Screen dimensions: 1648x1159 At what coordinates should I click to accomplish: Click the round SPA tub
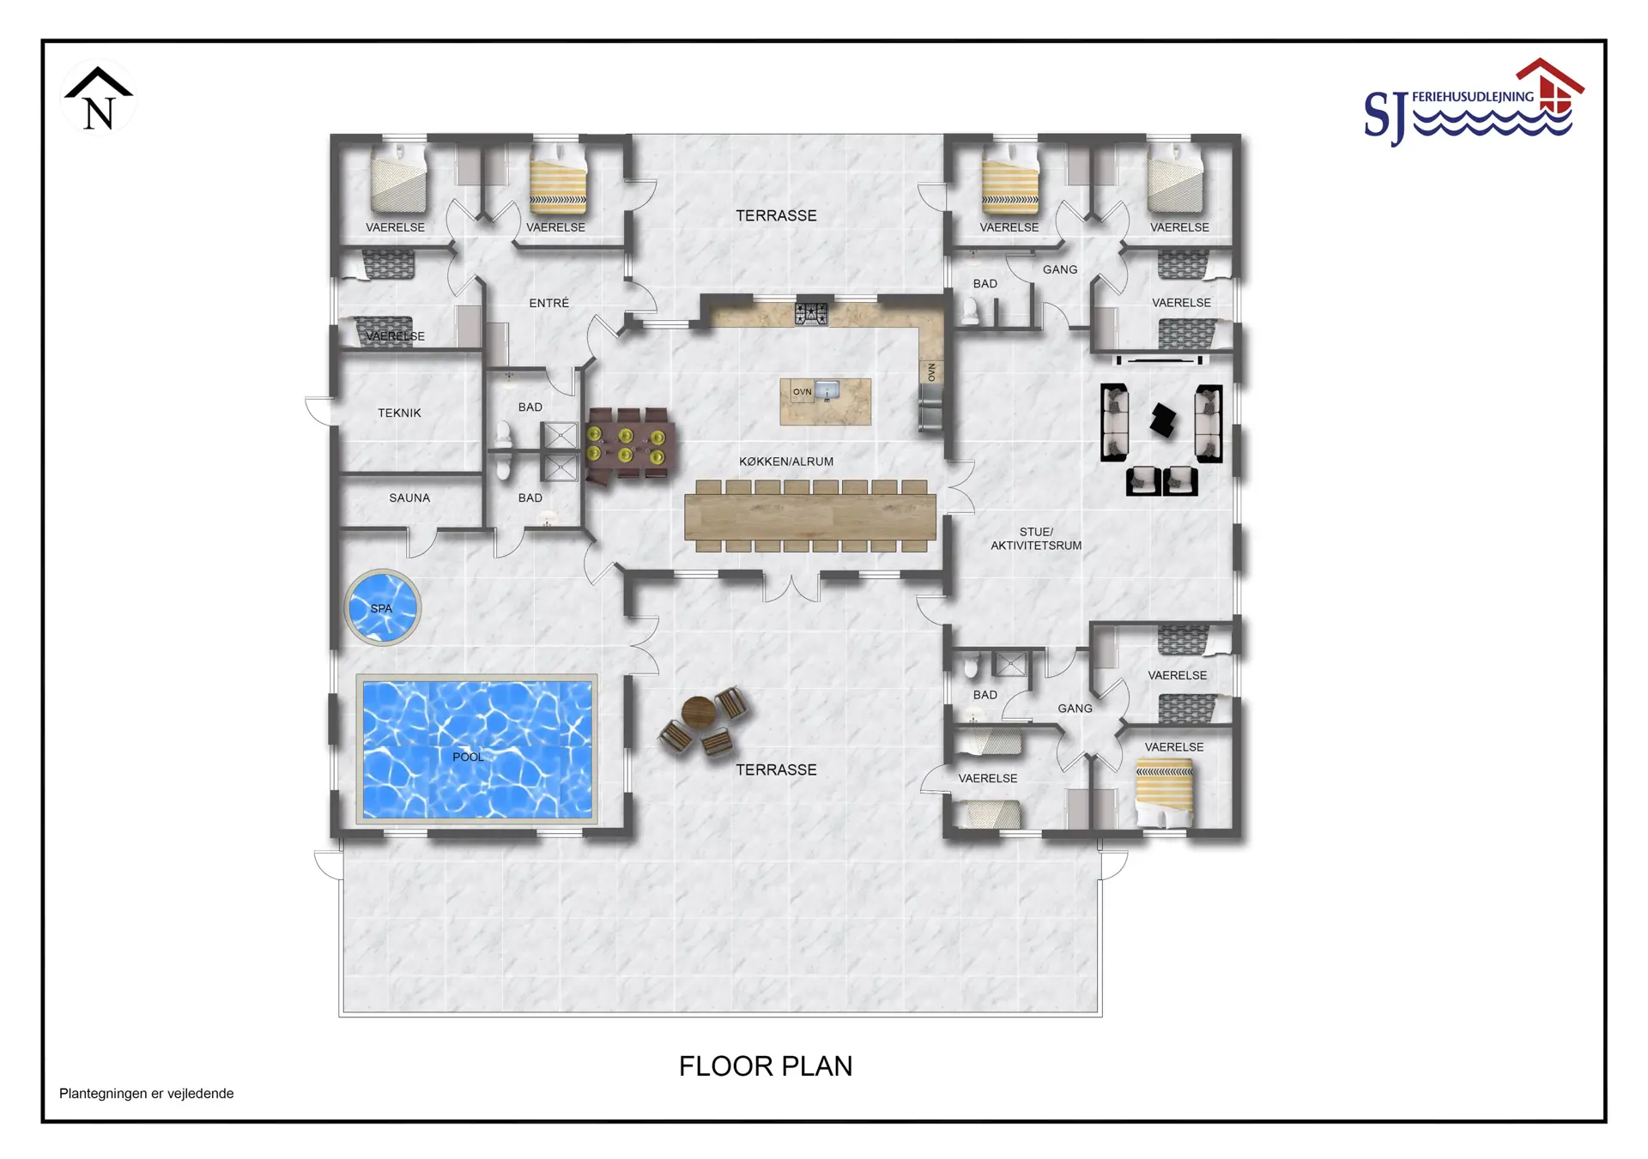click(382, 607)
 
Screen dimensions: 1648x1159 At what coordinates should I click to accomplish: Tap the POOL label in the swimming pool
click(468, 757)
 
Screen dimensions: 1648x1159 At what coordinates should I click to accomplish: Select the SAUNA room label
click(409, 498)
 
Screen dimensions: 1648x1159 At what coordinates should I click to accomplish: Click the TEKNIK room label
click(399, 413)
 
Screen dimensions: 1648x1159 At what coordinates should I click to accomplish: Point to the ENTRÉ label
click(548, 303)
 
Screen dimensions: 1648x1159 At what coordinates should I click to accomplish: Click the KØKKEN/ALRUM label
click(786, 462)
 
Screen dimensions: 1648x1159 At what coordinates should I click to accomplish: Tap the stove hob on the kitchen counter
click(811, 314)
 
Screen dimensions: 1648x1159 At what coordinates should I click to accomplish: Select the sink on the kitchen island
click(827, 391)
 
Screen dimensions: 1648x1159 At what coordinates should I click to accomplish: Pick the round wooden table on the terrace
click(698, 712)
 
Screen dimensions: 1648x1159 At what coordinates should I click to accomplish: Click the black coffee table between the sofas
click(1163, 420)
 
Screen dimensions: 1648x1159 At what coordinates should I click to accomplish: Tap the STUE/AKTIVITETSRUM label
click(1036, 539)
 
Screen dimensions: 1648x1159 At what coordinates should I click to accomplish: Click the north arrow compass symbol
click(99, 99)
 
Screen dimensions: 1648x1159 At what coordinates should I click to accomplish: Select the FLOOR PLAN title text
click(766, 1065)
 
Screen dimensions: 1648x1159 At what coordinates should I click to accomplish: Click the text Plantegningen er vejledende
click(146, 1093)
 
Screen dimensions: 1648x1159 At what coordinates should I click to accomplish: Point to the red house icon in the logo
click(1550, 85)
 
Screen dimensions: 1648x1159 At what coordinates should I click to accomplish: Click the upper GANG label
click(1060, 269)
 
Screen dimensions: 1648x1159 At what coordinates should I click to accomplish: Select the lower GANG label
click(1075, 709)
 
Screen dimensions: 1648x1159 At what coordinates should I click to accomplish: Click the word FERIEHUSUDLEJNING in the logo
click(1473, 97)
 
